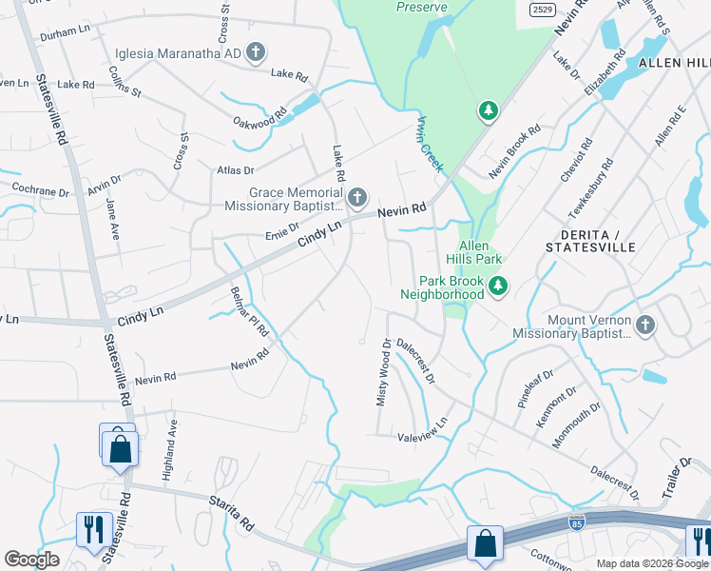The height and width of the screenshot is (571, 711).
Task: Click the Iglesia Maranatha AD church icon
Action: (255, 53)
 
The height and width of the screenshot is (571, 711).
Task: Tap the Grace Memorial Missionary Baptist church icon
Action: (357, 198)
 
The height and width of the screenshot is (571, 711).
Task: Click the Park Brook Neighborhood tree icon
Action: (496, 285)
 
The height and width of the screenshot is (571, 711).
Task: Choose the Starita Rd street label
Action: (233, 510)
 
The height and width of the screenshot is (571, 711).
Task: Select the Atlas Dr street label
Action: (236, 170)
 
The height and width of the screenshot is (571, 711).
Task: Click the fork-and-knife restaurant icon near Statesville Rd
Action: (93, 528)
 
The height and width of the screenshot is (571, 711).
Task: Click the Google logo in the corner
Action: (31, 560)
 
